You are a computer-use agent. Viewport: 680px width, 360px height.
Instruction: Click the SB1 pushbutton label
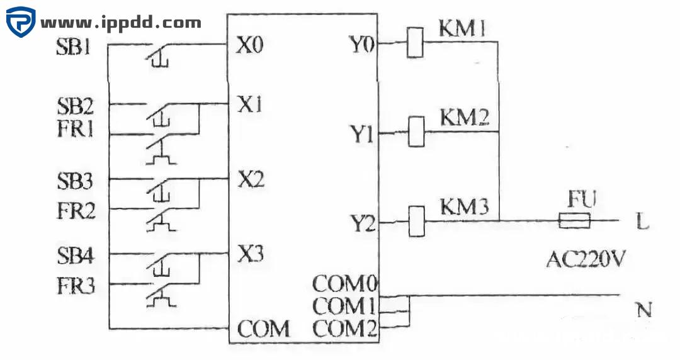point(73,48)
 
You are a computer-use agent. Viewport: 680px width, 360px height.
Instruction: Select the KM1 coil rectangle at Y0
point(415,43)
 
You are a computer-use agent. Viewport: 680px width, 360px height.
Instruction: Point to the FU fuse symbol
point(574,221)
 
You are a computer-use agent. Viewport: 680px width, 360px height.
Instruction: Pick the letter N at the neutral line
point(643,310)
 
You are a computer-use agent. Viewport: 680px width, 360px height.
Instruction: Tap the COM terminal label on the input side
point(263,329)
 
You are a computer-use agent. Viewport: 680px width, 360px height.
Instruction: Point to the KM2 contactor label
point(465,117)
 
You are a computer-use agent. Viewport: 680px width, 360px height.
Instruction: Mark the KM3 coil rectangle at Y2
point(415,222)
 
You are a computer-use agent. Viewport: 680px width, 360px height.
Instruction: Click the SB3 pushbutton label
point(74,183)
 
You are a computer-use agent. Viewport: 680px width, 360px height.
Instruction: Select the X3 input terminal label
point(250,255)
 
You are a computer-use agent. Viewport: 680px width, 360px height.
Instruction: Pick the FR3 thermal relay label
point(74,286)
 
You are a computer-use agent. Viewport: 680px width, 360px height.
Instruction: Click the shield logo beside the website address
point(21,22)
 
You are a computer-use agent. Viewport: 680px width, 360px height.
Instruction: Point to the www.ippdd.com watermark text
point(121,23)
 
